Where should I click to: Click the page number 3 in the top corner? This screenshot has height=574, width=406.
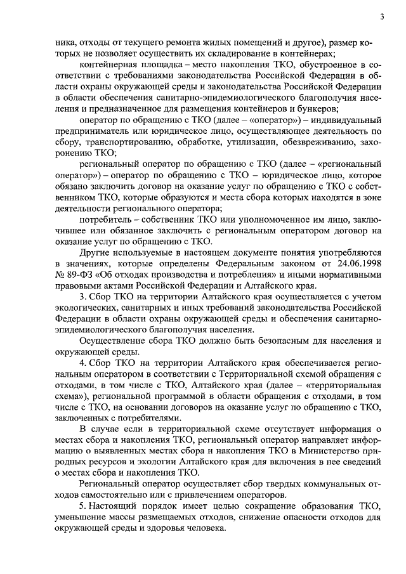[x=382, y=17]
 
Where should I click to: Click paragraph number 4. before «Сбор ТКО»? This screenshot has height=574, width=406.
[x=82, y=363]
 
